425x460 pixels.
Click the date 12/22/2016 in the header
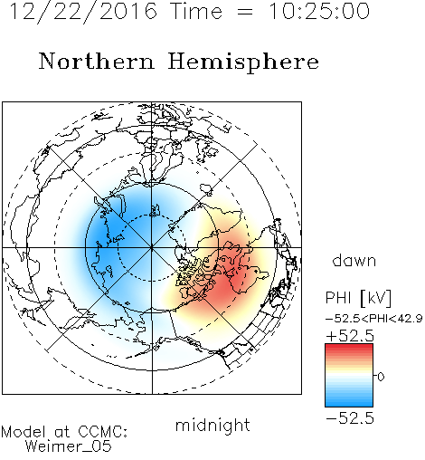click(x=83, y=12)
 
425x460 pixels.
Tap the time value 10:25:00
click(x=319, y=11)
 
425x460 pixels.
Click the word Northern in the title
click(x=97, y=62)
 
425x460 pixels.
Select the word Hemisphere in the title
click(x=243, y=62)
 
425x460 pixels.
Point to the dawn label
click(x=354, y=260)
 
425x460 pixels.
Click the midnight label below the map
click(x=212, y=426)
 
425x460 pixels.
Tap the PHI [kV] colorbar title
click(x=358, y=298)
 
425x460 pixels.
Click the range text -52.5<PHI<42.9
click(x=374, y=319)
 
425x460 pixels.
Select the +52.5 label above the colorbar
click(x=350, y=336)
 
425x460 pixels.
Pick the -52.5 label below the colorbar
click(x=350, y=418)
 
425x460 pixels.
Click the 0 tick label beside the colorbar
click(x=381, y=377)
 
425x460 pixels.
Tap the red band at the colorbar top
click(x=349, y=348)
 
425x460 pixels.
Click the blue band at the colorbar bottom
click(x=349, y=402)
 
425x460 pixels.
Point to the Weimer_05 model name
click(x=69, y=446)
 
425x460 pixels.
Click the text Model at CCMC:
click(x=64, y=432)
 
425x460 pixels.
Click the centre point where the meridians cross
click(x=152, y=248)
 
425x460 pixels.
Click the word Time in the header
click(x=196, y=12)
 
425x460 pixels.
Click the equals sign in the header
click(x=245, y=12)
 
